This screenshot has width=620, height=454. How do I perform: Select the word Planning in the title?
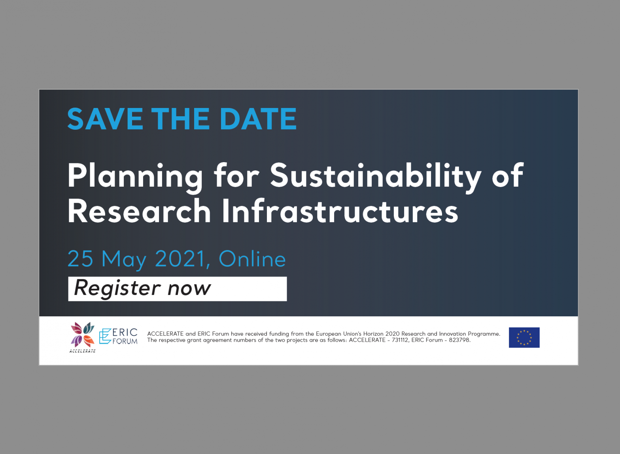[x=135, y=177]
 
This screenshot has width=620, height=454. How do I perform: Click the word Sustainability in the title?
[x=376, y=177]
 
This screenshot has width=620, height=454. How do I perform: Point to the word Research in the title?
[x=139, y=211]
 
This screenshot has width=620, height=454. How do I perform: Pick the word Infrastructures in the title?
[x=340, y=211]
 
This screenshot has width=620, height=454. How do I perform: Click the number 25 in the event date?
[x=80, y=259]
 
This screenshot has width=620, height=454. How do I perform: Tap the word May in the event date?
[x=124, y=260]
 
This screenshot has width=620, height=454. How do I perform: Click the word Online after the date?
[x=252, y=259]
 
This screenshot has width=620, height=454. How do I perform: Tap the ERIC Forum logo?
[x=118, y=336]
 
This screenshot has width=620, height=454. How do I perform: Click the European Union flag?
[x=524, y=337]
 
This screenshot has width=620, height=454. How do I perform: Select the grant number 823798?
[x=460, y=340]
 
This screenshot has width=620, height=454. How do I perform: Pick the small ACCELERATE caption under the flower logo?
[x=83, y=351]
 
